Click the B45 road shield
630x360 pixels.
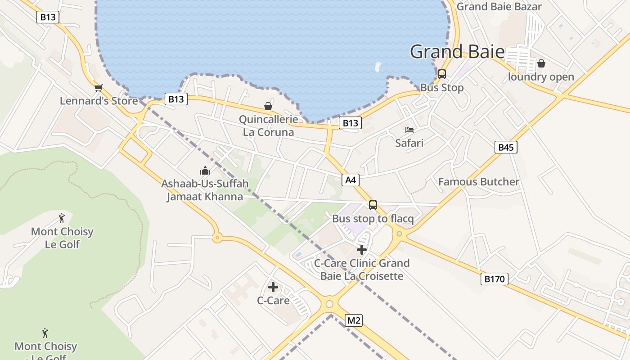(506, 147)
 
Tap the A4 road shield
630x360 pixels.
(351, 180)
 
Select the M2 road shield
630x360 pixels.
(353, 320)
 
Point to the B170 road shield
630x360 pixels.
(494, 279)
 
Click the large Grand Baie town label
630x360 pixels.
(457, 52)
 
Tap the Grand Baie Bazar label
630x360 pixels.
(499, 7)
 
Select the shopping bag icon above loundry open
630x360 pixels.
(541, 63)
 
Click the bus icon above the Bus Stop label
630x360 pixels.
(442, 74)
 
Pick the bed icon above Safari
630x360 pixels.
(409, 130)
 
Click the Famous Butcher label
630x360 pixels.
(479, 182)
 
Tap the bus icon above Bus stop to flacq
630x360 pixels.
(373, 205)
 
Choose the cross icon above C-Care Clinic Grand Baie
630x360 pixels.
(362, 250)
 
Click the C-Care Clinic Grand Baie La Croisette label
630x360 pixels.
(362, 270)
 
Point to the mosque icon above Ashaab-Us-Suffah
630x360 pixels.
(205, 171)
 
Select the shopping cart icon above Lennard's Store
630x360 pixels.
(99, 88)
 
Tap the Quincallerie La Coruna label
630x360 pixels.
(269, 126)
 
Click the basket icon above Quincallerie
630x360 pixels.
(268, 106)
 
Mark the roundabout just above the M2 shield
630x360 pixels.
(329, 304)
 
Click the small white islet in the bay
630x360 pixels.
(378, 67)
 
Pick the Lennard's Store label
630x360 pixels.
(99, 101)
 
